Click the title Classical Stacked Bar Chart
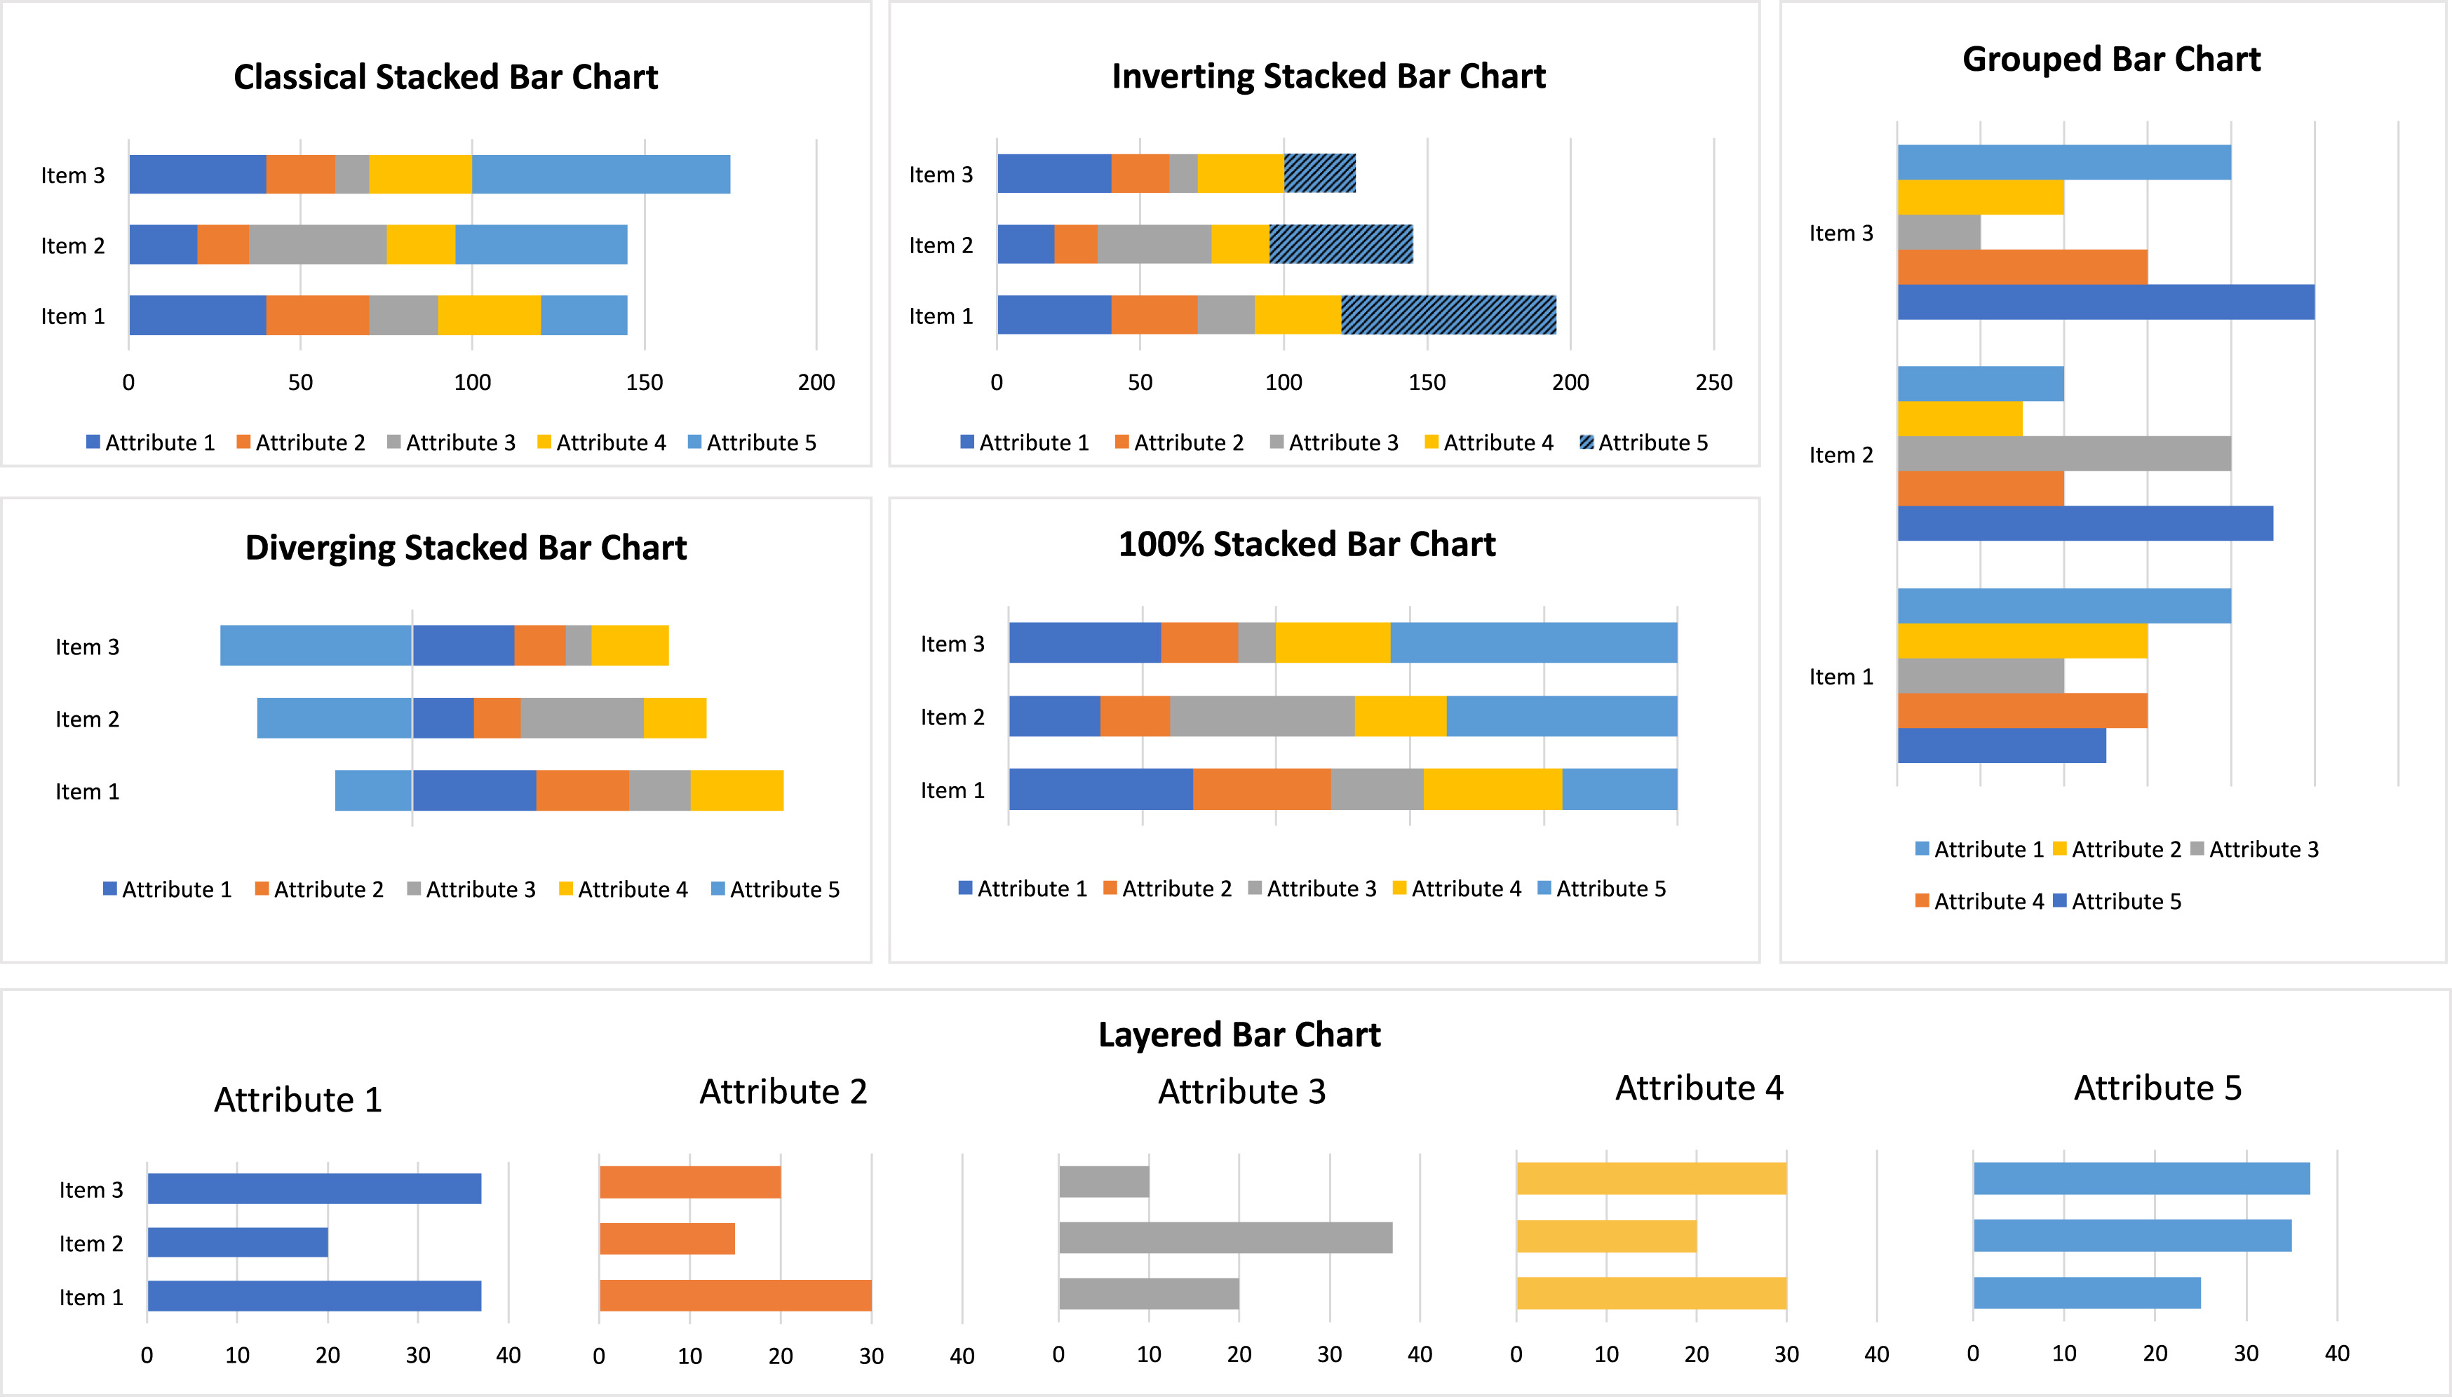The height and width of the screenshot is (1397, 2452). pos(445,76)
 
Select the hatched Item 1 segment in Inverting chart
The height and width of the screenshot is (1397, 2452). pos(1448,315)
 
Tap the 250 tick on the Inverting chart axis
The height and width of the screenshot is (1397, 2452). pos(1713,382)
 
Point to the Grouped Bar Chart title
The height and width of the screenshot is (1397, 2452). pos(2110,60)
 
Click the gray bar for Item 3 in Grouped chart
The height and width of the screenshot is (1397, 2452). pos(1938,232)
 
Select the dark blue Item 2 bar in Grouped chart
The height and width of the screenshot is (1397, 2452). pos(2084,523)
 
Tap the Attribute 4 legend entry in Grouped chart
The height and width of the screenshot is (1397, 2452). pos(1978,901)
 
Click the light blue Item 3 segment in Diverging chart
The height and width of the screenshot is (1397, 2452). pos(316,644)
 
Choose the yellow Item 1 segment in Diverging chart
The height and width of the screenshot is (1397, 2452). pos(736,790)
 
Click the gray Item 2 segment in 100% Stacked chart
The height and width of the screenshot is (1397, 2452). pos(1262,716)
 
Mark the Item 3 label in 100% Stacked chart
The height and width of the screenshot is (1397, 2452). pos(952,644)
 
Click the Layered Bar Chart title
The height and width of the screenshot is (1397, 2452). pos(1239,1034)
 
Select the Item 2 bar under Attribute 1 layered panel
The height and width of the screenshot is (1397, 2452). pos(237,1243)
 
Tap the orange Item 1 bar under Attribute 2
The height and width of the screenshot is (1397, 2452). pos(735,1295)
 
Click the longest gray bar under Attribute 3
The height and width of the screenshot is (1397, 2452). pos(1225,1238)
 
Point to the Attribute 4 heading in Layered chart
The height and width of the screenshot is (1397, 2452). pos(1698,1088)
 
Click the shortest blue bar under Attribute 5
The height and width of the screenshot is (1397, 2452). pos(2087,1293)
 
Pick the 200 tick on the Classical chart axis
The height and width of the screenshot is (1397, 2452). pos(816,382)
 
